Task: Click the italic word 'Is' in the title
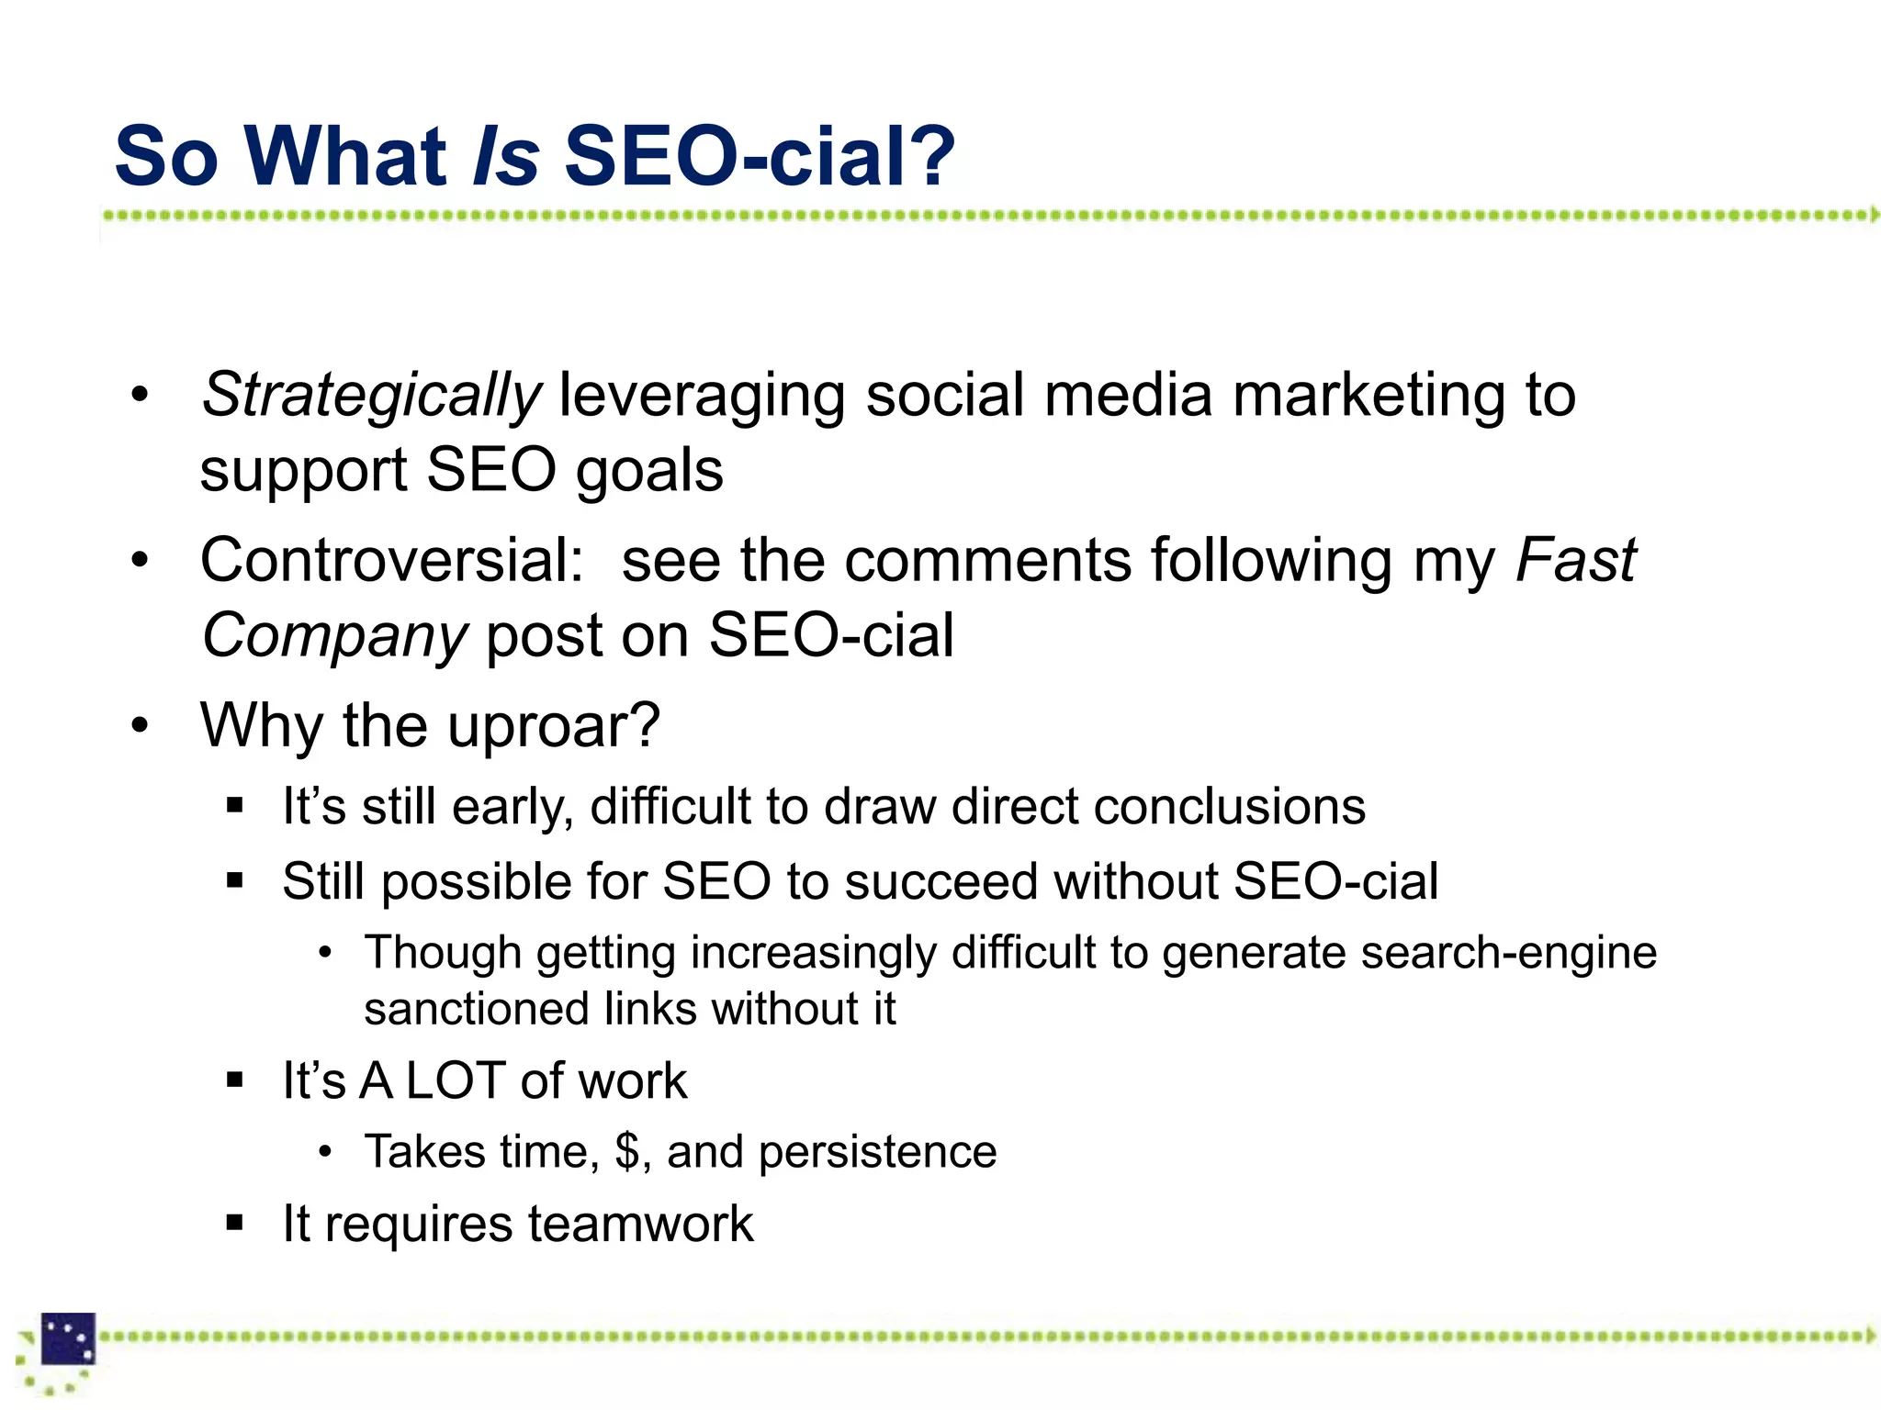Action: [505, 156]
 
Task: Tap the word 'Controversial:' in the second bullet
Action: [392, 560]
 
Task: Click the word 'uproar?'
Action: [554, 725]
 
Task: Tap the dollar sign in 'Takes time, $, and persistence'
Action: [627, 1151]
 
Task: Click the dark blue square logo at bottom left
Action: [69, 1339]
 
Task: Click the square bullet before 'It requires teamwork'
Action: [235, 1224]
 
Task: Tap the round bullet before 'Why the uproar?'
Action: [140, 725]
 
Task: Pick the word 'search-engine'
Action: [1508, 953]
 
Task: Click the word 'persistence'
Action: [877, 1151]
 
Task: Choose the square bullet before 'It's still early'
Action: [235, 807]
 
